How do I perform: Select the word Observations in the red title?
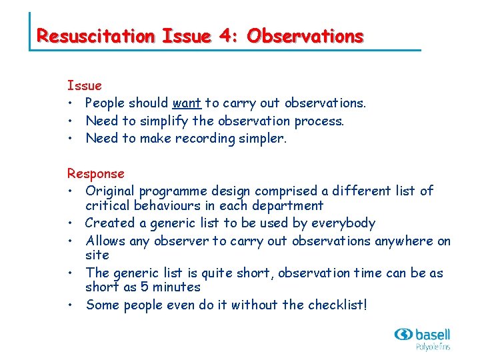pos(305,36)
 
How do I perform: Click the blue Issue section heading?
pos(84,85)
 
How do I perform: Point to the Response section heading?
pos(95,173)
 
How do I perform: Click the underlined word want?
pos(187,103)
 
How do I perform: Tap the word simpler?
pos(262,138)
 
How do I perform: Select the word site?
pos(97,255)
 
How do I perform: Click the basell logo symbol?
pos(405,334)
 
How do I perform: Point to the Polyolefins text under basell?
pos(433,347)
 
